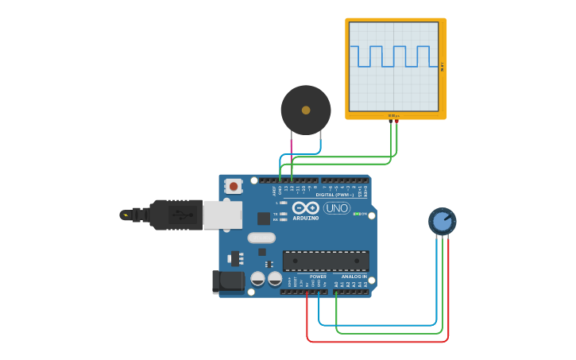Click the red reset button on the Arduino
pos(233,186)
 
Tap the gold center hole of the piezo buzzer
pos(306,110)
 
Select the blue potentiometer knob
pos(443,221)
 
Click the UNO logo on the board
pos(336,208)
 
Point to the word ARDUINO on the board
pos(305,218)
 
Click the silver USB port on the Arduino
pos(222,215)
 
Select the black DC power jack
pos(228,281)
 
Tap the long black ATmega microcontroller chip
pos(326,261)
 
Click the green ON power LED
pos(356,214)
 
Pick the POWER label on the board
pos(318,277)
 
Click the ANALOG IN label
pos(354,277)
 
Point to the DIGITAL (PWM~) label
pos(334,195)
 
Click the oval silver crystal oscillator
pos(261,238)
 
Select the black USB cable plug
pos(175,215)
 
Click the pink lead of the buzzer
pos(291,145)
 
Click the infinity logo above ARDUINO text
pos(305,208)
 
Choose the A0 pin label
pos(336,284)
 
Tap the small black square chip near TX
pos(263,219)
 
